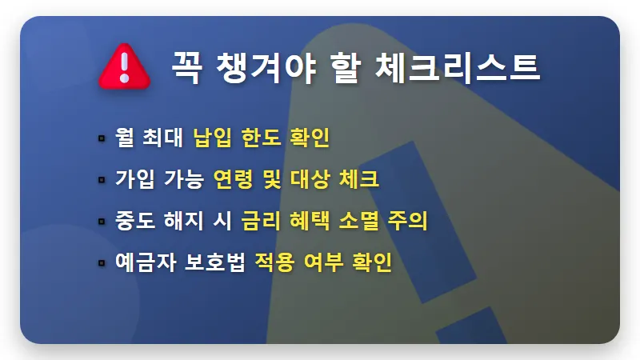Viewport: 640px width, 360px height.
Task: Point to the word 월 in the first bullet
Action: click(x=126, y=137)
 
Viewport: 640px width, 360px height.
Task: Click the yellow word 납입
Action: click(x=212, y=137)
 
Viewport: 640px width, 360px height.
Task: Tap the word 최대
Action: click(x=166, y=137)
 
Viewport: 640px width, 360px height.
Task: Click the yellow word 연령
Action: click(x=234, y=178)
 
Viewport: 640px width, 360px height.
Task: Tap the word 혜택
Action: click(x=310, y=220)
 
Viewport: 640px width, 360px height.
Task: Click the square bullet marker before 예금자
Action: click(x=102, y=262)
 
